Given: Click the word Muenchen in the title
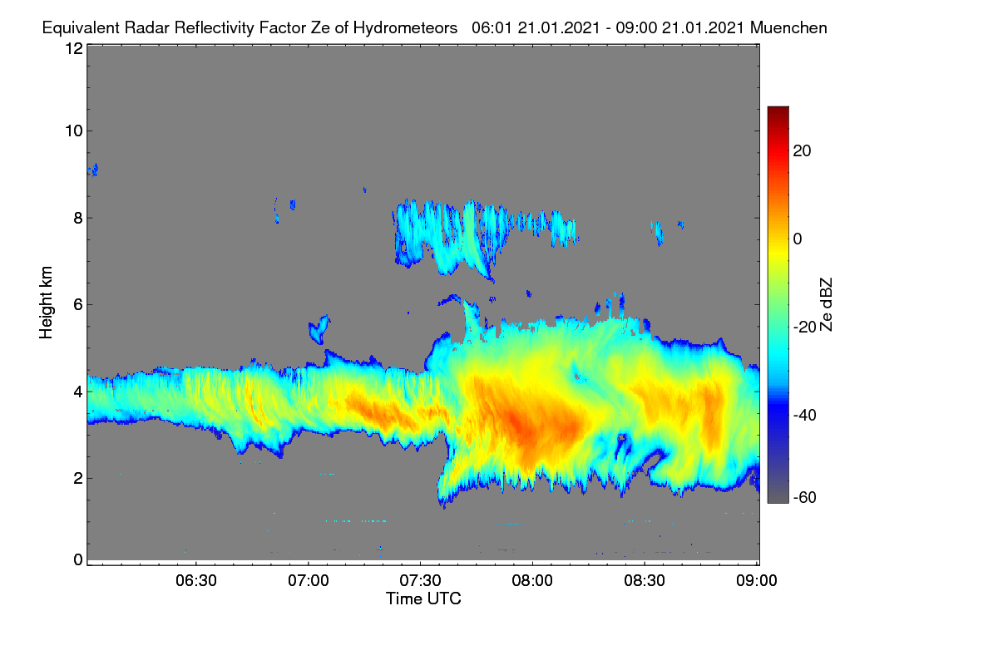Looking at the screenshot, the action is pos(788,28).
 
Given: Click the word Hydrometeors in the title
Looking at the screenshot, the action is pos(405,28).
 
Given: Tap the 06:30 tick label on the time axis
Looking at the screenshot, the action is pos(196,580).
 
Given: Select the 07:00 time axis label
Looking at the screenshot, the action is pos(309,580).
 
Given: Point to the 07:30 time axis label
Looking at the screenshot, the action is pos(420,580).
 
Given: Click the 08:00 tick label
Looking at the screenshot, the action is pos(532,580).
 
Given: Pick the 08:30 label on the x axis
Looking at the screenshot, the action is pos(645,580).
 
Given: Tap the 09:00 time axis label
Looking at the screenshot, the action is pos(757,580).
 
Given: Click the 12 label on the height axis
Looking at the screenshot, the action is pos(74,48).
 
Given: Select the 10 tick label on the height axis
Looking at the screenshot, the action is pos(74,131).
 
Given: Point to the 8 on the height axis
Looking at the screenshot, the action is pos(78,219).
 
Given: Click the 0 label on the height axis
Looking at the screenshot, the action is pos(78,559).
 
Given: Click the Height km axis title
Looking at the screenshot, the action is pos(46,303).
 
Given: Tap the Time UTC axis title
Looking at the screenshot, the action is pos(423,598).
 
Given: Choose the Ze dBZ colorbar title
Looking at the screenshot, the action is pos(826,305).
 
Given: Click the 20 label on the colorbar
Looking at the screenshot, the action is pos(802,151).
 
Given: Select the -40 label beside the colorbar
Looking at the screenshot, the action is pos(805,415).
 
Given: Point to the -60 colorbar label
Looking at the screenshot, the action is pos(805,498).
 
